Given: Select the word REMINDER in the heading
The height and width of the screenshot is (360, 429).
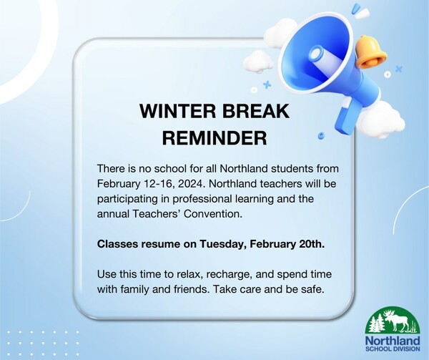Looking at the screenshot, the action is click(214, 137).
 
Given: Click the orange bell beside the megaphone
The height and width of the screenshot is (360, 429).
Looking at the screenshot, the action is click(371, 52).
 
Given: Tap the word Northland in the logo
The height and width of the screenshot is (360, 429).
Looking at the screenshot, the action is click(393, 341).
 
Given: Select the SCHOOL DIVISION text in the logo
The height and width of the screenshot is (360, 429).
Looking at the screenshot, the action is click(393, 349).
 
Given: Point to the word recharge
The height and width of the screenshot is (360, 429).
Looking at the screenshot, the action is click(229, 274).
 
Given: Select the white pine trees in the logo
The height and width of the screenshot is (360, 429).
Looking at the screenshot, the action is click(376, 323).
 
